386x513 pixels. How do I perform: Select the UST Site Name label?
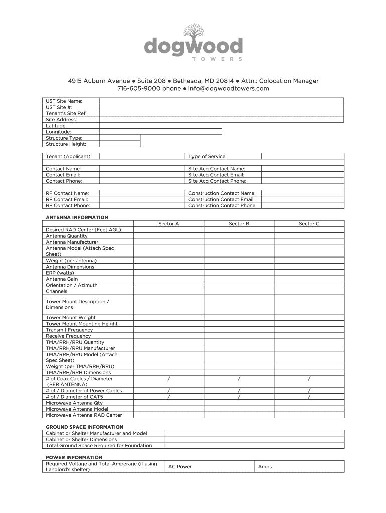[x=64, y=101]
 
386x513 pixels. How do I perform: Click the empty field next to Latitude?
[x=160, y=126]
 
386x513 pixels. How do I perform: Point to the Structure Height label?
[x=66, y=144]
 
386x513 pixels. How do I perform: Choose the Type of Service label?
[x=207, y=157]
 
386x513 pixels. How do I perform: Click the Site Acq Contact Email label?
[x=216, y=175]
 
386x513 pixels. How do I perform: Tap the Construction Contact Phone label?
[x=222, y=205]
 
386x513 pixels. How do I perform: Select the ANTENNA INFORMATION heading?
[x=77, y=217]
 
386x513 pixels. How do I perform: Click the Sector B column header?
[x=239, y=224]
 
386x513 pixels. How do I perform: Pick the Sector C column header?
[x=309, y=224]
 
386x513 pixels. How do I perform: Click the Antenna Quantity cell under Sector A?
[x=168, y=236]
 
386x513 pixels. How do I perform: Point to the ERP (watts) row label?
[x=60, y=273]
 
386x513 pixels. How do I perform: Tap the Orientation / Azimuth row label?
[x=72, y=285]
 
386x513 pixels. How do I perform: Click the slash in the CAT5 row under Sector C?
[x=309, y=396]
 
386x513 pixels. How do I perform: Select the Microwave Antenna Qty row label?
[x=74, y=403]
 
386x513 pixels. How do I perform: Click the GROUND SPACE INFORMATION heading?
[x=84, y=427]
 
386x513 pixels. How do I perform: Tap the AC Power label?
[x=180, y=467]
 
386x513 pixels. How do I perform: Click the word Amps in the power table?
[x=265, y=467]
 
